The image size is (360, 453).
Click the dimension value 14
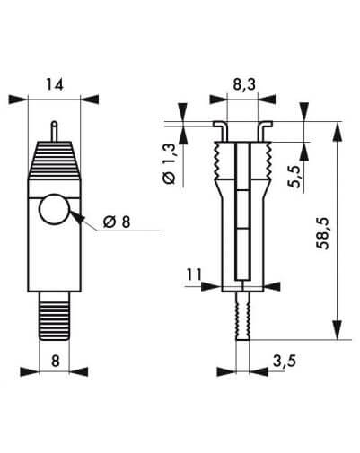point(54,84)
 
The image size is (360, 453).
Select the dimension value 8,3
point(244,85)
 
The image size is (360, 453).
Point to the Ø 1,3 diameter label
point(169,164)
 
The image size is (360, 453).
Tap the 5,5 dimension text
point(295,177)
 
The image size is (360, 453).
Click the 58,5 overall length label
point(323,233)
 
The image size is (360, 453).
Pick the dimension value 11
point(195,274)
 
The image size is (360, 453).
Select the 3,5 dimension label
point(285,361)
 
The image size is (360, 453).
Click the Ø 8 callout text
point(117,222)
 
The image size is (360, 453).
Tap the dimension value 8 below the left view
point(56,361)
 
